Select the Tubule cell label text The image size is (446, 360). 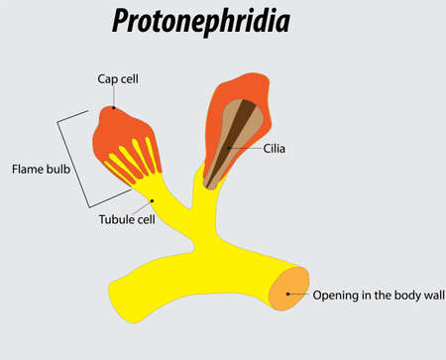(126, 219)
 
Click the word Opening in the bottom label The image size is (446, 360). (333, 296)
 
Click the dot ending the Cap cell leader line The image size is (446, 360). (115, 107)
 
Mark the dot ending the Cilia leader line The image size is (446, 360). (229, 148)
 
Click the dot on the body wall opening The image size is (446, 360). (288, 295)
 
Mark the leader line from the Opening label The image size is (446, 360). (299, 295)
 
